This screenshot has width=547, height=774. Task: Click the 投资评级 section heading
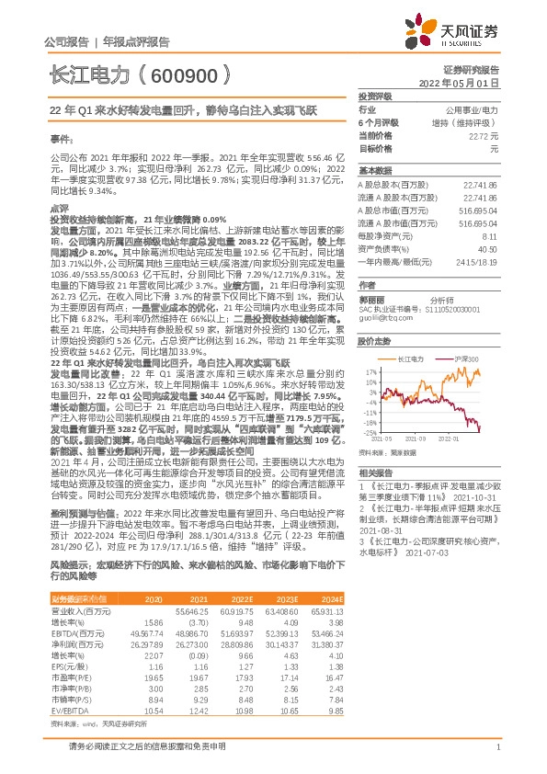[x=374, y=96]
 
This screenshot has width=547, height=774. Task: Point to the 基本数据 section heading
[x=374, y=171]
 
